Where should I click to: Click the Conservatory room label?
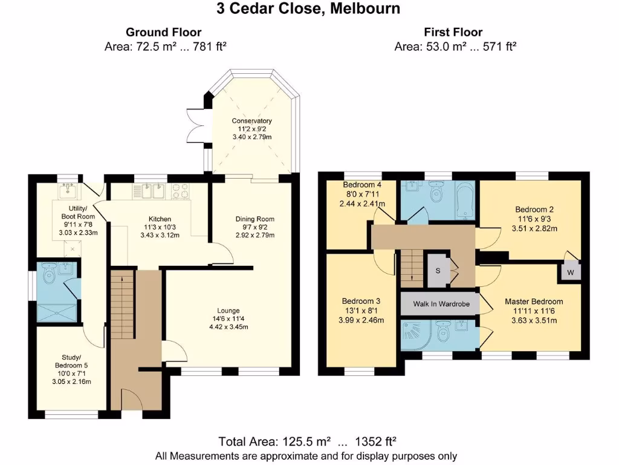[252, 120]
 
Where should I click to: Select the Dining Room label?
[254, 219]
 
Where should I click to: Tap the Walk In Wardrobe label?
[439, 303]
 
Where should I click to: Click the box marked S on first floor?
[438, 270]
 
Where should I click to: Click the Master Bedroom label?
[534, 302]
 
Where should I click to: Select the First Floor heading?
[453, 32]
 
